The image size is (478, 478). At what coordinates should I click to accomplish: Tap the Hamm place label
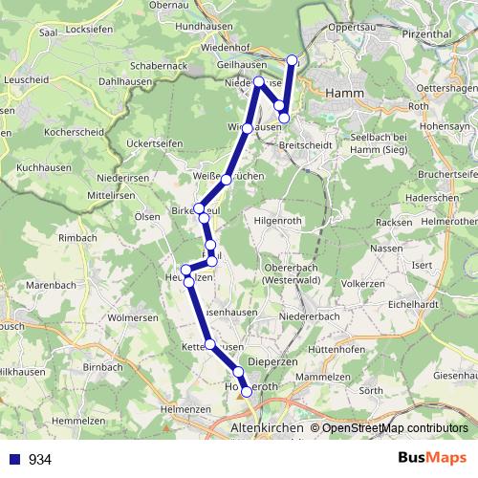click(x=341, y=93)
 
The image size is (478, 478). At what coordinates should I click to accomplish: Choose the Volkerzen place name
click(x=362, y=284)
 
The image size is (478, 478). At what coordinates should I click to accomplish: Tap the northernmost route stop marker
click(x=293, y=60)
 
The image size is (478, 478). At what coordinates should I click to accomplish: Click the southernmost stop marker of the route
click(x=247, y=391)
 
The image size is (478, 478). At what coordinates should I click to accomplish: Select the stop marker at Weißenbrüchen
click(x=227, y=179)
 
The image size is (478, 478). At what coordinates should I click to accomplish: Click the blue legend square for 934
click(x=15, y=459)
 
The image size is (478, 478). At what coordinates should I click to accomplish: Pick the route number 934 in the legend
click(x=40, y=459)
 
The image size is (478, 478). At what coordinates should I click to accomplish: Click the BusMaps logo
click(x=431, y=458)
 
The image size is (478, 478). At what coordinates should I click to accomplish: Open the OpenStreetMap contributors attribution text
click(x=395, y=427)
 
